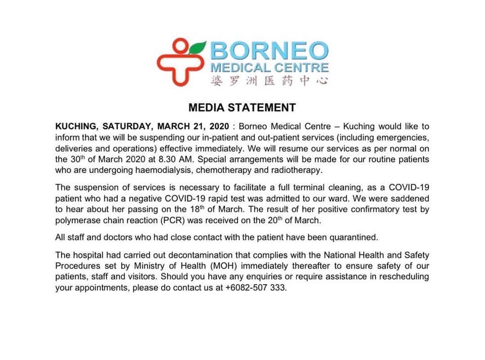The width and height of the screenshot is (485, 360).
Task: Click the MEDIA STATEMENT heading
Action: tap(241, 108)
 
